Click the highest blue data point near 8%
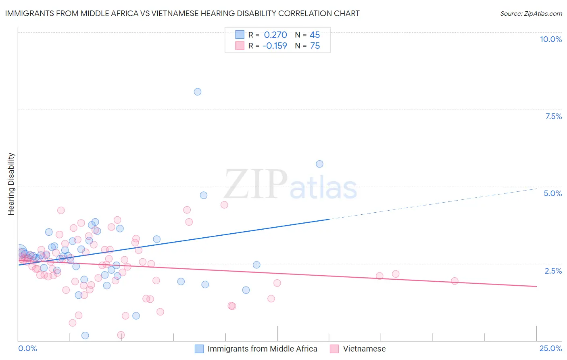(198, 92)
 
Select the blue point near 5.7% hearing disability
(319, 164)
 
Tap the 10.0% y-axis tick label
(551, 39)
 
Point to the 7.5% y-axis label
(553, 116)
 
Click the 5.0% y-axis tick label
(552, 193)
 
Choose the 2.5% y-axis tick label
(553, 271)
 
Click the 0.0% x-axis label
(28, 348)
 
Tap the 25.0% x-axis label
(550, 348)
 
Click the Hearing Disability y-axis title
(11, 184)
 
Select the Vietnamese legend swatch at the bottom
(334, 349)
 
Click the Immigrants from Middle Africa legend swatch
(199, 349)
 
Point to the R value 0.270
(275, 35)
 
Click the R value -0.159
(275, 46)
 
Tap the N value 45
(315, 35)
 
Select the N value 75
(315, 46)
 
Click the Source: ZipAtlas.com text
(531, 13)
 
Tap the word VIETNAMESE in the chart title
(174, 13)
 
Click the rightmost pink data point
(454, 281)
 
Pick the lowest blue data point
(85, 335)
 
